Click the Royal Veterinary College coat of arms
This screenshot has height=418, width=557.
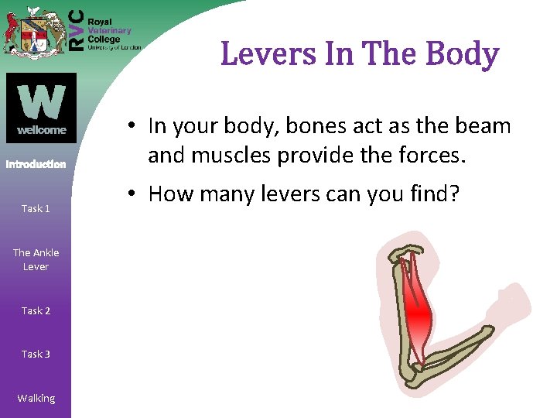pyautogui.click(x=33, y=31)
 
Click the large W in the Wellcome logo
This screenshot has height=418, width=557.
pyautogui.click(x=41, y=100)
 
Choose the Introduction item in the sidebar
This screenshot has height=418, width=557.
pyautogui.click(x=36, y=164)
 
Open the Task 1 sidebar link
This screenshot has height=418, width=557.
pyautogui.click(x=36, y=208)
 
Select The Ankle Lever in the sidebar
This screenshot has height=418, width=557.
pyautogui.click(x=36, y=259)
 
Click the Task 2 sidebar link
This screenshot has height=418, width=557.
pyautogui.click(x=36, y=310)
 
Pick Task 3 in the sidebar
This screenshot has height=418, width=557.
pyautogui.click(x=36, y=354)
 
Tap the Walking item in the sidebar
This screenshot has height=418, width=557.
pyautogui.click(x=36, y=398)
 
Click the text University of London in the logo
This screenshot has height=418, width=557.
pyautogui.click(x=114, y=47)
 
